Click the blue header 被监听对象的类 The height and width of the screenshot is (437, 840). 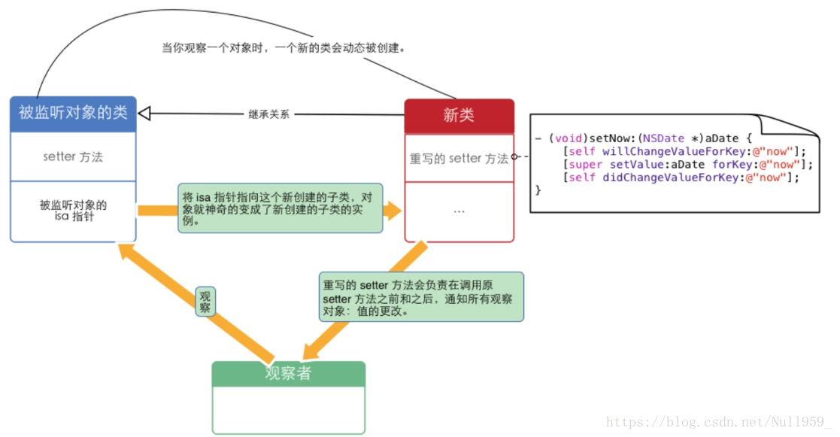click(x=73, y=114)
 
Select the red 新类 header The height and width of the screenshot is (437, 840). click(x=459, y=116)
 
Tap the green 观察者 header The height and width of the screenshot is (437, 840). click(x=288, y=373)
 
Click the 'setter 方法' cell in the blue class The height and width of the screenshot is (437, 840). click(x=73, y=157)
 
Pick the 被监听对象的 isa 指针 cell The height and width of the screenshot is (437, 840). click(x=73, y=211)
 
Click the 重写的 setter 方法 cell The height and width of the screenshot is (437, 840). click(x=459, y=159)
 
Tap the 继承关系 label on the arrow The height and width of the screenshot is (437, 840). click(x=268, y=114)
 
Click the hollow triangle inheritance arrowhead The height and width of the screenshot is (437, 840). click(x=145, y=114)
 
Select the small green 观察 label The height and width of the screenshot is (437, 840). click(x=205, y=302)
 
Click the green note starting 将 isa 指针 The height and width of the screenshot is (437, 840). click(x=279, y=208)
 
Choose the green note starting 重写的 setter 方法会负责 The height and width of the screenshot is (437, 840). click(x=420, y=297)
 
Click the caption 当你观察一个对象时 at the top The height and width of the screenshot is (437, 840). click(x=284, y=47)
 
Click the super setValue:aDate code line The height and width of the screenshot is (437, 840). click(x=684, y=164)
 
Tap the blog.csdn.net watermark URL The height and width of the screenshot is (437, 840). click(x=719, y=423)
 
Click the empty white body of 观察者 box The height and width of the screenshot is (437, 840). click(x=288, y=409)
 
